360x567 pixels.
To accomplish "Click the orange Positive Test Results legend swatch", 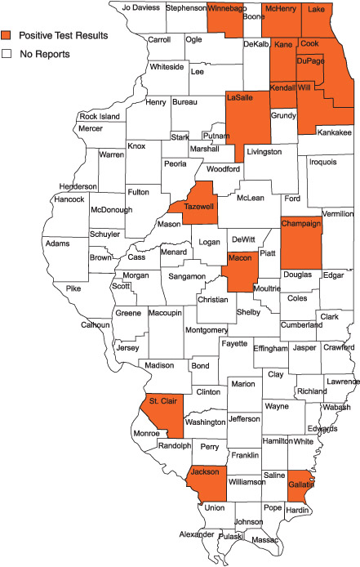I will tap(7, 36).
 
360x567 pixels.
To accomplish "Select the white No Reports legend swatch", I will tap(7, 54).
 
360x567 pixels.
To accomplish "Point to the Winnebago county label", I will tap(226, 8).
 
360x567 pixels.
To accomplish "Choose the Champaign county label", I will tap(302, 223).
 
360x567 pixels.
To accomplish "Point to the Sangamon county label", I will tap(187, 277).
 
